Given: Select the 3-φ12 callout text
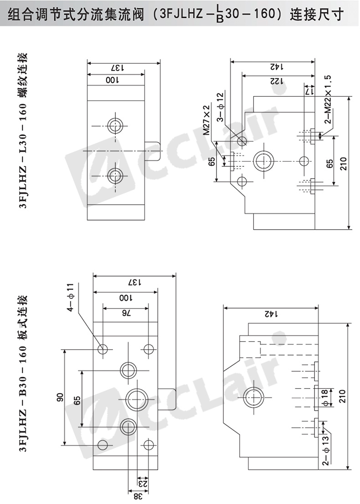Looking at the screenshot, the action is (220, 108).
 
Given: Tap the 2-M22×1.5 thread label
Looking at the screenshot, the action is (328, 100).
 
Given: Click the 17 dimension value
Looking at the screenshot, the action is (309, 92).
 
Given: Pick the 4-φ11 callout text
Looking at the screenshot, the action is (70, 297).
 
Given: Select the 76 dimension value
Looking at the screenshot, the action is (126, 314).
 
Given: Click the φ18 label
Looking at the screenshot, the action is (324, 396).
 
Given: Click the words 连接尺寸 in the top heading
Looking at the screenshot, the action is (317, 14).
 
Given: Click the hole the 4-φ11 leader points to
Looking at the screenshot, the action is (103, 349).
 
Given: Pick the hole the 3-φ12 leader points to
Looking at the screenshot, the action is (242, 140).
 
